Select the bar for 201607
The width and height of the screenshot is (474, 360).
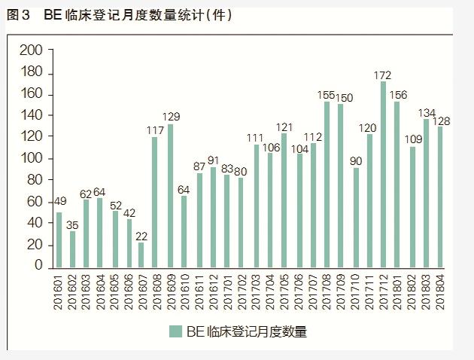[x=141, y=254]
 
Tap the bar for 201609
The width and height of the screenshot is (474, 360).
[x=170, y=195]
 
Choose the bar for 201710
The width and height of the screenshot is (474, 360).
[x=356, y=217]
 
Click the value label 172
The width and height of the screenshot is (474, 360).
[x=383, y=75]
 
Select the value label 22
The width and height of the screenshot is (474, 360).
[x=141, y=236]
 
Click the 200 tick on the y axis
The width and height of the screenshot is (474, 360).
[x=32, y=50]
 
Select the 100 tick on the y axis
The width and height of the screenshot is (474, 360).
[x=32, y=158]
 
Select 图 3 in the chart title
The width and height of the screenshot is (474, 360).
[x=17, y=16]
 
